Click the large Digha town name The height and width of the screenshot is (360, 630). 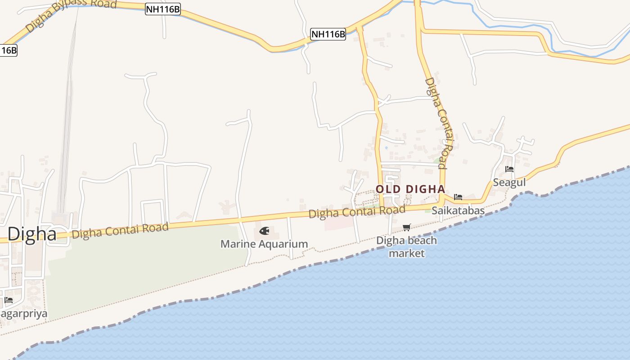coord(32,234)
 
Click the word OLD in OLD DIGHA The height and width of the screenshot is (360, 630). coord(388,189)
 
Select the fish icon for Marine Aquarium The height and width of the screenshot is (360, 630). coord(264,231)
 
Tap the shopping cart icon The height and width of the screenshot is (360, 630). coord(407,228)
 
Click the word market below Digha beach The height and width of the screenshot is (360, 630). coord(407,253)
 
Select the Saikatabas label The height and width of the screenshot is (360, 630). coord(458,211)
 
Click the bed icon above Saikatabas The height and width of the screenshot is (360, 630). coord(458,197)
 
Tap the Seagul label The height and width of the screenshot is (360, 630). coord(509,183)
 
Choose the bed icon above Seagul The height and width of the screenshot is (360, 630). coord(509,169)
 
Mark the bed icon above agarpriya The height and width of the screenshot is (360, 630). coord(9,300)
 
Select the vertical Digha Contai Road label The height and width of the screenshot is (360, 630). coord(439,122)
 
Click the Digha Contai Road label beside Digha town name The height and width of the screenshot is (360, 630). coord(120,230)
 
